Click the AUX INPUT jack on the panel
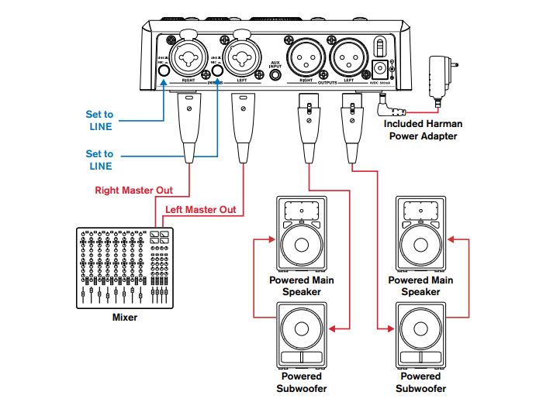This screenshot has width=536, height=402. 275,75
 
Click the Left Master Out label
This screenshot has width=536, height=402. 200,210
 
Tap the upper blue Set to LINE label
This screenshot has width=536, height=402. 99,120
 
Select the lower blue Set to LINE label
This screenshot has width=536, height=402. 99,160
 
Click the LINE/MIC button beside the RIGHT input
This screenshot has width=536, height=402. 164,71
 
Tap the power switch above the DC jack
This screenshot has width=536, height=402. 380,45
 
